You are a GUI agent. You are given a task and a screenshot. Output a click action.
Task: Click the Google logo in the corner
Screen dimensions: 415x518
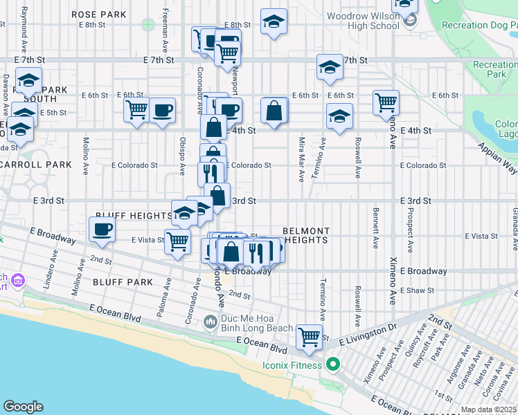pyautogui.click(x=23, y=407)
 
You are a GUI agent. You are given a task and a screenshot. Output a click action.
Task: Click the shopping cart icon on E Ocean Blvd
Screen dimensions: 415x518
pyautogui.click(x=309, y=338)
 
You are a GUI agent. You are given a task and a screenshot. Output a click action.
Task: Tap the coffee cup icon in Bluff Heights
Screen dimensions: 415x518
pyautogui.click(x=102, y=230)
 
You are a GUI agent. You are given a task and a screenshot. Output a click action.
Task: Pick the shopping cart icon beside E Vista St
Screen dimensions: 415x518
pyautogui.click(x=178, y=241)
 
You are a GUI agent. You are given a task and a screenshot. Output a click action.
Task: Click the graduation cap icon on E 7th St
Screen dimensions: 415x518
pyautogui.click(x=330, y=67)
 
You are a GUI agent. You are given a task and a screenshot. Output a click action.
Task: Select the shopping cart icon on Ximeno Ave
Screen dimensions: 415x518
pyautogui.click(x=386, y=103)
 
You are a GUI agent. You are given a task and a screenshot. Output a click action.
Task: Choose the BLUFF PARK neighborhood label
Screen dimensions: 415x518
pyautogui.click(x=124, y=282)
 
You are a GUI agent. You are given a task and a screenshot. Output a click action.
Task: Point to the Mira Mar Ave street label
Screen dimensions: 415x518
pyautogui.click(x=301, y=159)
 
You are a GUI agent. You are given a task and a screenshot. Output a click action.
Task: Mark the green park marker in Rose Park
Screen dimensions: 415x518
pyautogui.click(x=147, y=24)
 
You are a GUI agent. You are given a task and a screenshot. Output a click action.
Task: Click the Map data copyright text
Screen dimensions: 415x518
pyautogui.click(x=489, y=409)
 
